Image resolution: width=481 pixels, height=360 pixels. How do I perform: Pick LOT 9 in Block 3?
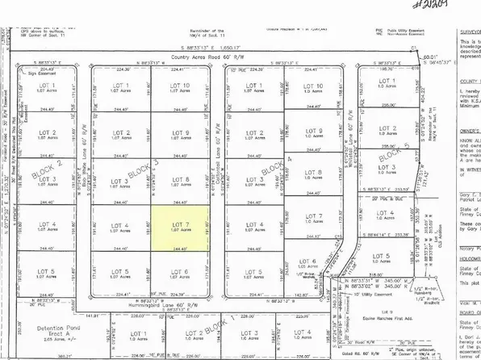pyautogui.click(x=181, y=134)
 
